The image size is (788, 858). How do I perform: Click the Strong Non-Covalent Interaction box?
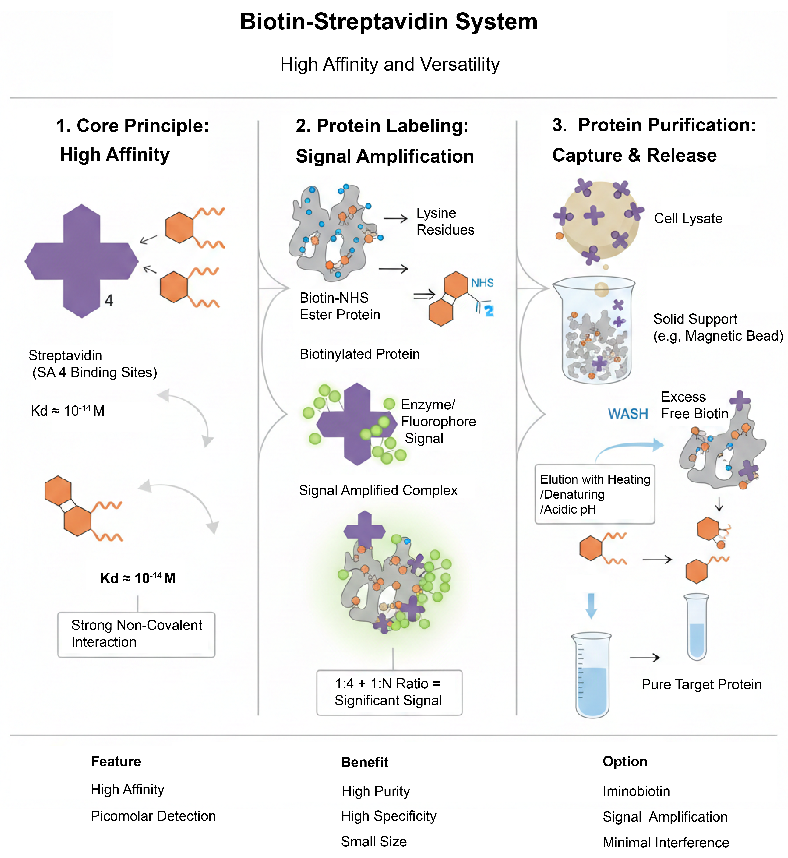point(137,634)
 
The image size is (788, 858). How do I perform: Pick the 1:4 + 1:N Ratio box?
point(389,692)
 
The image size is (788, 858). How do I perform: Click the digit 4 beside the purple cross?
point(109,301)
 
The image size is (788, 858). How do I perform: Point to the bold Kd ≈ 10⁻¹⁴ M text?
point(138,578)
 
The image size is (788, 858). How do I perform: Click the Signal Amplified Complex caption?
point(378,490)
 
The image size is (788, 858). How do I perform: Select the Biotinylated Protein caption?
point(359,354)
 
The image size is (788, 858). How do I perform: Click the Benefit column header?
point(365,762)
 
